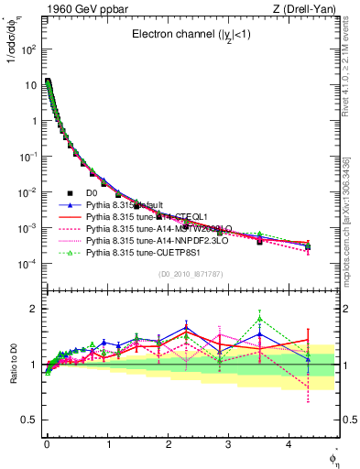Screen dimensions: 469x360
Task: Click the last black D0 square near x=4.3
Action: (x=308, y=247)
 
